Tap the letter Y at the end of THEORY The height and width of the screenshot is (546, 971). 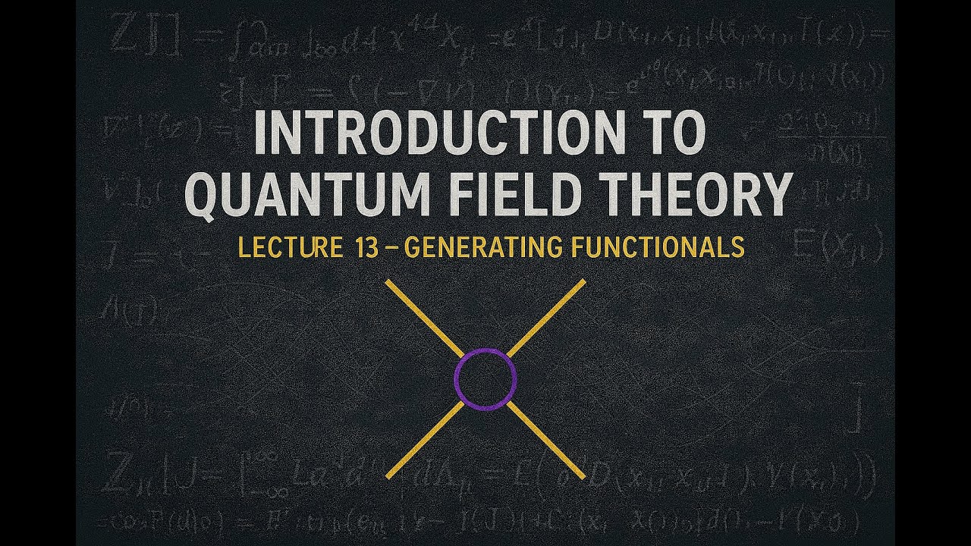[771, 193]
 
